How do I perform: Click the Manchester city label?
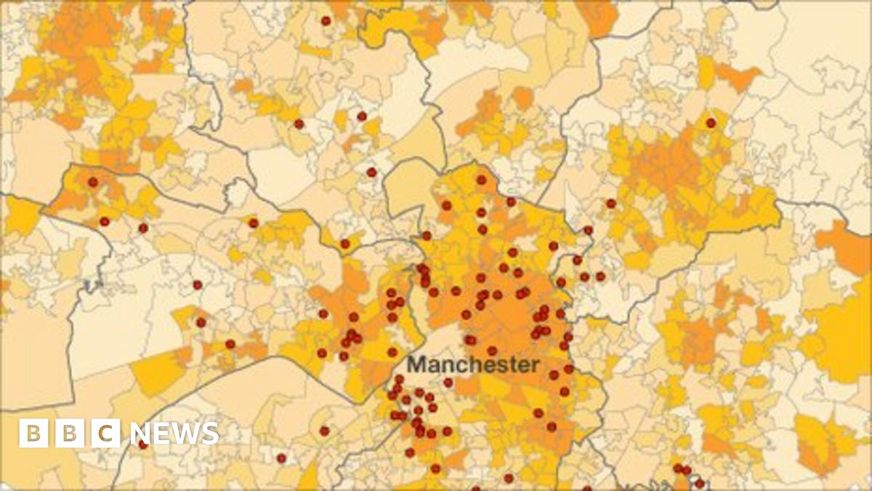point(474,364)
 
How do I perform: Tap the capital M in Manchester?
point(416,364)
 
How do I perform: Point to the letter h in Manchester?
point(477,364)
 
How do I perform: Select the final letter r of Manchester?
point(536,366)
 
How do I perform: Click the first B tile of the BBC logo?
point(33,434)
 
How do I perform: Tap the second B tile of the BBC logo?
point(70,434)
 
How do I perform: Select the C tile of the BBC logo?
point(106,434)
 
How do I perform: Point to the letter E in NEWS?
point(161,434)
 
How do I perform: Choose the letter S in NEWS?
point(209,434)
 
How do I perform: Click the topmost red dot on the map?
point(326,20)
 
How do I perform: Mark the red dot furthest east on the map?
point(711,123)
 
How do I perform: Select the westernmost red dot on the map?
point(92,182)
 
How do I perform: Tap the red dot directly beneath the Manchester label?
point(448,383)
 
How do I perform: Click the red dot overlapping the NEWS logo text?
point(143,444)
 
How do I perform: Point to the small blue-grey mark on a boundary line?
point(90,284)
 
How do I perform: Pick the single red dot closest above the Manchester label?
point(470,340)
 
